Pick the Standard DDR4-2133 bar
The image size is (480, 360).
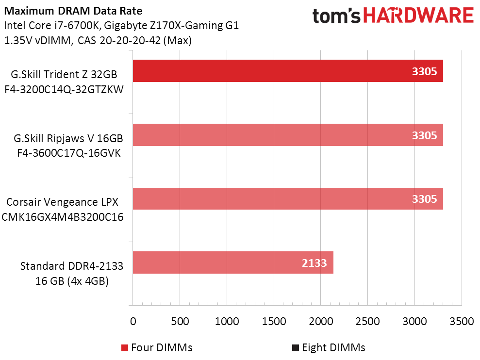232,262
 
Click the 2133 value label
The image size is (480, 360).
314,263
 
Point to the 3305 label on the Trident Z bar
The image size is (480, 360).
424,72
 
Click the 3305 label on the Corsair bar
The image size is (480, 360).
424,199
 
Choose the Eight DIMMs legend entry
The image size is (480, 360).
328,347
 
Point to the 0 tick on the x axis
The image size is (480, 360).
133,321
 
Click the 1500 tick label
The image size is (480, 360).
274,321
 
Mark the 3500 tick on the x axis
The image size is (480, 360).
462,321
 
